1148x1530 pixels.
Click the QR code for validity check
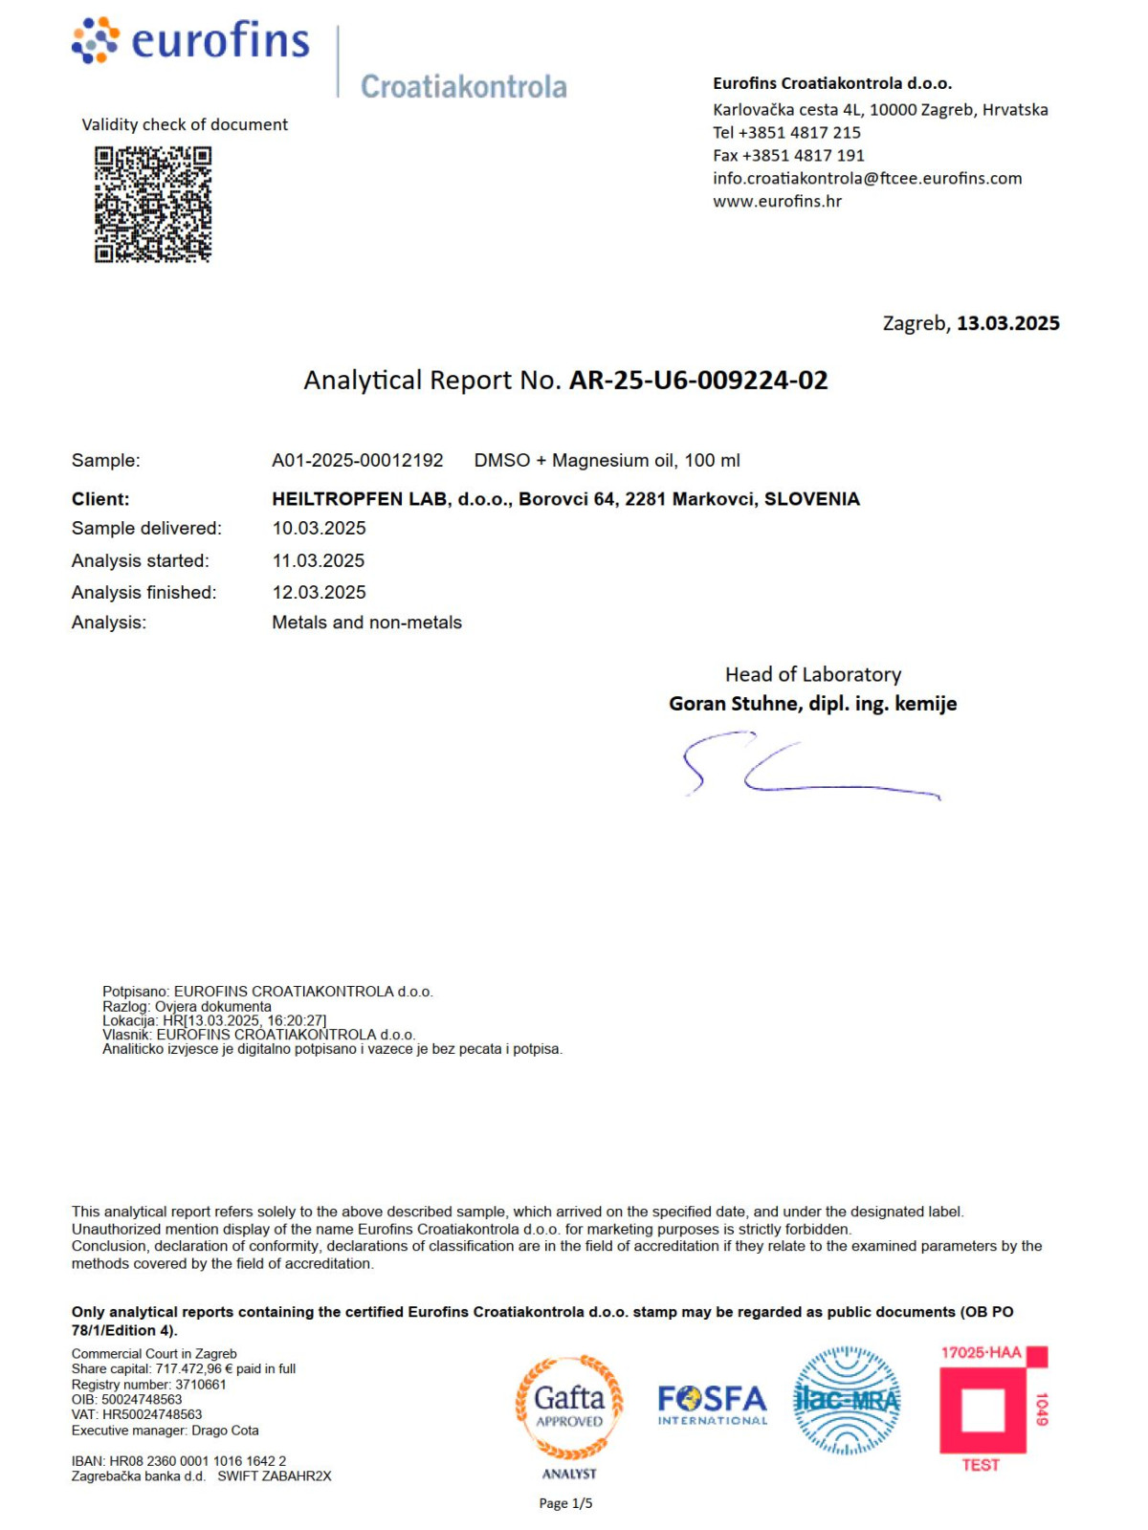click(153, 204)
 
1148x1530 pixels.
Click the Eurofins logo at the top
click(191, 41)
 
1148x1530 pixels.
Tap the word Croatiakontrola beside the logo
click(463, 87)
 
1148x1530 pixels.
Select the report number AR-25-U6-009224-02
click(698, 381)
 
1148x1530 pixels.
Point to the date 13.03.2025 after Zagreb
click(1007, 323)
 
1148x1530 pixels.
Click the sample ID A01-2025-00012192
click(358, 461)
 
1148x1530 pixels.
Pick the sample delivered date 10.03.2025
click(319, 528)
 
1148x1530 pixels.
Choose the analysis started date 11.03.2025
click(319, 560)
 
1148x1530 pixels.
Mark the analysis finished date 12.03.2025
click(319, 592)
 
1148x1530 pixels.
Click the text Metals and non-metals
click(366, 623)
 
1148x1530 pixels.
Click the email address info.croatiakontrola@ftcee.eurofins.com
click(867, 178)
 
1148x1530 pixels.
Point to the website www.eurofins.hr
click(777, 201)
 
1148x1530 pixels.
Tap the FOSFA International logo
click(713, 1404)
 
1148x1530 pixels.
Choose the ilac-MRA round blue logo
click(847, 1401)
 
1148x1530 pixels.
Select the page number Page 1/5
click(565, 1503)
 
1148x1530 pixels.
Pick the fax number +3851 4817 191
click(803, 155)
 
